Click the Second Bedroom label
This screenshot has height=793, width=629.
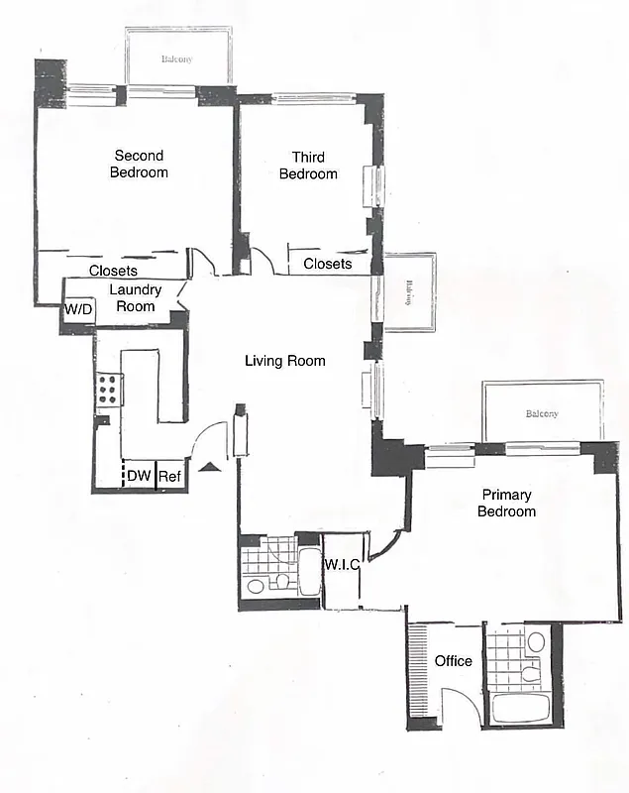(140, 164)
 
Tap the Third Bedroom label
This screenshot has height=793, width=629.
(308, 166)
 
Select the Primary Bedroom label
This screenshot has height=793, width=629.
(506, 503)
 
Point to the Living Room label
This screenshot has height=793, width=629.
(285, 361)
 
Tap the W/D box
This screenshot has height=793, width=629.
(77, 309)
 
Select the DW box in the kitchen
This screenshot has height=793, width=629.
(139, 477)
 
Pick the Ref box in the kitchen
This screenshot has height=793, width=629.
(169, 477)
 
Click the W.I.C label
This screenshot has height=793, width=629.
(342, 565)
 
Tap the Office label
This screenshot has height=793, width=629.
(454, 661)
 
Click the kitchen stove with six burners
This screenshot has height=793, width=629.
(108, 390)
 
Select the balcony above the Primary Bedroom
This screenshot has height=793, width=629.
(542, 412)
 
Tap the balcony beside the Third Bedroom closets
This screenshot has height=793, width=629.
(408, 291)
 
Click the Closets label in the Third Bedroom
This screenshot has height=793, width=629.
(327, 264)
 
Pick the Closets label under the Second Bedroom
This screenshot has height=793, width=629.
(113, 271)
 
